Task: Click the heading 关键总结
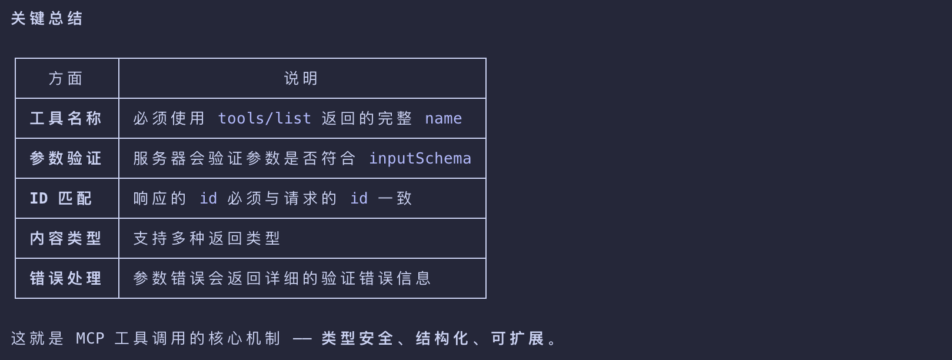click(46, 18)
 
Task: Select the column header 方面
click(66, 79)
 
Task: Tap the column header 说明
click(301, 79)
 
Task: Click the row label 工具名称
click(66, 119)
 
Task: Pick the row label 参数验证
click(66, 159)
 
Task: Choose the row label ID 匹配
click(61, 198)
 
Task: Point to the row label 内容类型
click(66, 238)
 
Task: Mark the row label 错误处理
click(66, 278)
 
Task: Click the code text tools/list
click(264, 119)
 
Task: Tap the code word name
click(443, 119)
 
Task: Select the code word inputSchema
click(420, 159)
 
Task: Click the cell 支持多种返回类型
click(207, 238)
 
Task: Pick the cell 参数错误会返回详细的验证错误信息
click(282, 278)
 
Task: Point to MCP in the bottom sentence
click(90, 338)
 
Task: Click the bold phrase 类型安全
click(357, 338)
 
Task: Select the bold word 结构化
click(442, 338)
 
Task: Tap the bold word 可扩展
click(517, 338)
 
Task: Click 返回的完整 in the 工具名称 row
click(367, 119)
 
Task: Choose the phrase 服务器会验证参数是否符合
click(244, 159)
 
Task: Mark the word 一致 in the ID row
click(395, 198)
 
